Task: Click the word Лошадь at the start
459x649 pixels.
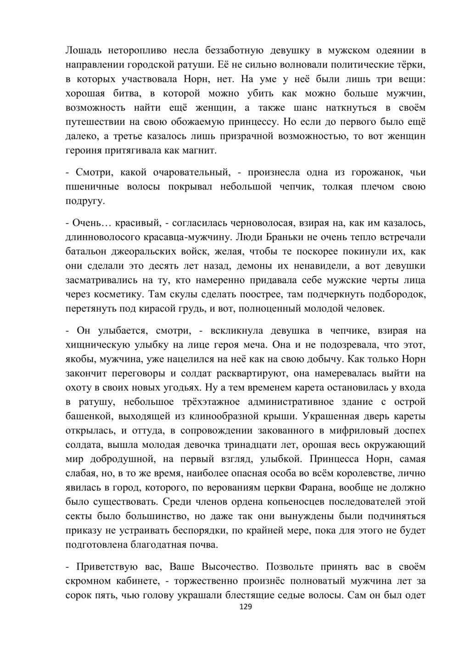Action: [83, 50]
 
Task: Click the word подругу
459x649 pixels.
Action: [85, 201]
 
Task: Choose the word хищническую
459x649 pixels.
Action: [102, 345]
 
